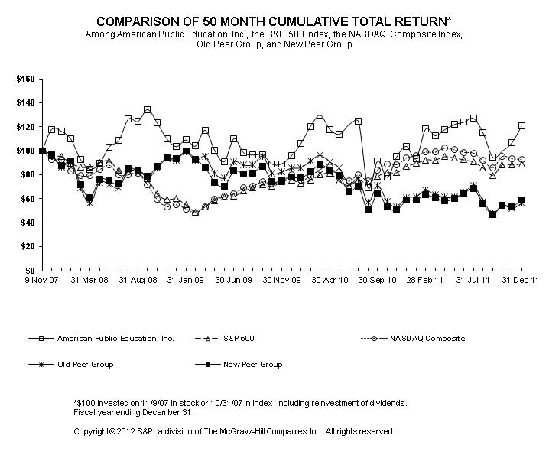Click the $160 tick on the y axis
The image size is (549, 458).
tap(24, 78)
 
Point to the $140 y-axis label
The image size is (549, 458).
tap(24, 102)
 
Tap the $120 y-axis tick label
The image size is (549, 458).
tap(24, 126)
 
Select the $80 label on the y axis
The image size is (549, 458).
tap(26, 174)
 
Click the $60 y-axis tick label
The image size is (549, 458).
tap(26, 199)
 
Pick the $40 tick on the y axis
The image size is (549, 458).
tap(26, 223)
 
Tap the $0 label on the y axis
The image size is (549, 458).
tap(29, 271)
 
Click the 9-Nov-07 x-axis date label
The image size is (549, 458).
tap(43, 281)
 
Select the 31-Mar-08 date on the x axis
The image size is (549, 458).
tap(90, 281)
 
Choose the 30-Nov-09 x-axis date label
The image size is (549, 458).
tap(281, 281)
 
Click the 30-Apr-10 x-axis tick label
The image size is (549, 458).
tap(330, 281)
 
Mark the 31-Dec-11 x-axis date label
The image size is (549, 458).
tap(521, 281)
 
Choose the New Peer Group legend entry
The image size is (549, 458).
tap(249, 365)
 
